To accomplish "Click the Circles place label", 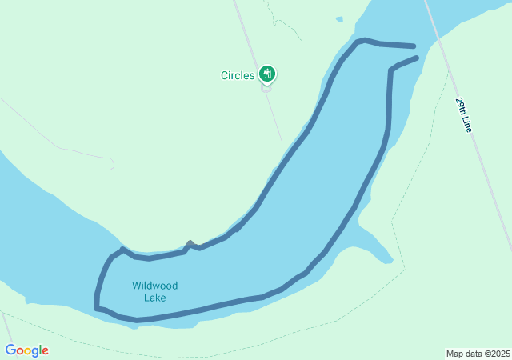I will pyautogui.click(x=238, y=76).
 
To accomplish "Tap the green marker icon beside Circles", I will pyautogui.click(x=267, y=74).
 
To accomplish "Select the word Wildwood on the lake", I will pyautogui.click(x=155, y=286).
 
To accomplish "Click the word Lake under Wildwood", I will pyautogui.click(x=155, y=298).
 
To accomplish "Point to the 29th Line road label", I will pyautogui.click(x=464, y=115).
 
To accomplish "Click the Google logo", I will pyautogui.click(x=26, y=350).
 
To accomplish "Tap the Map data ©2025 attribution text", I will pyautogui.click(x=478, y=354).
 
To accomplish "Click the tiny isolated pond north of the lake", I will pyautogui.click(x=339, y=18).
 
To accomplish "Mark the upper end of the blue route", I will pyautogui.click(x=414, y=46).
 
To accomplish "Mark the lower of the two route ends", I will pyautogui.click(x=416, y=58).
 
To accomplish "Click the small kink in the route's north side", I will pyautogui.click(x=190, y=243).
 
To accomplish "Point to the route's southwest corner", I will pyautogui.click(x=97, y=307).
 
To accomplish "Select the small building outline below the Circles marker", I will pyautogui.click(x=267, y=89).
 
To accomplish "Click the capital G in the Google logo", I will pyautogui.click(x=10, y=350).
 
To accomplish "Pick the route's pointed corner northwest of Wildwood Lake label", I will pyautogui.click(x=122, y=250).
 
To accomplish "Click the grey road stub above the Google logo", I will pyautogui.click(x=6, y=324).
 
